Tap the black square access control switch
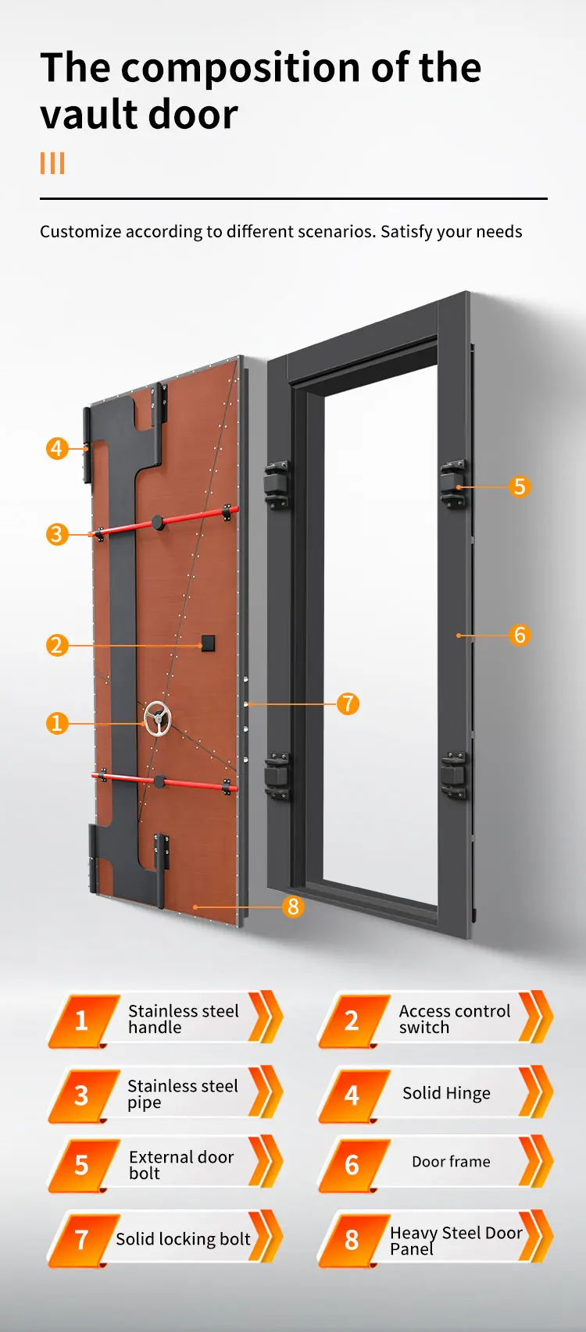click(209, 643)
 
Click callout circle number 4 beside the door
click(56, 448)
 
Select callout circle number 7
click(348, 703)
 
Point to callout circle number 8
click(293, 906)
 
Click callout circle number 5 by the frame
click(520, 486)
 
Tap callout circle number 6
click(520, 635)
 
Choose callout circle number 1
click(56, 723)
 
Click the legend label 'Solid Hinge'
click(446, 1093)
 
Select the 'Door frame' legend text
click(451, 1162)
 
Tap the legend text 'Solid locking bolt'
click(183, 1239)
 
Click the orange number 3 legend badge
click(81, 1095)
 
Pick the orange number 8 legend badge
click(352, 1239)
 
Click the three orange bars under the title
click(52, 163)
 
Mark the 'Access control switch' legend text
click(454, 1019)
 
